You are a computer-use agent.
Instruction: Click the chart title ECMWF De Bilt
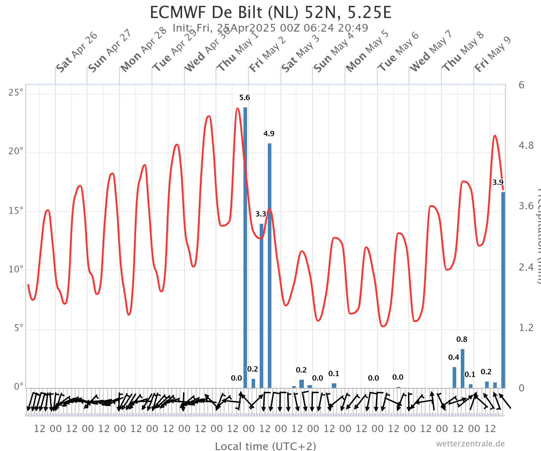270,13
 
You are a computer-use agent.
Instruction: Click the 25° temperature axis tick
16,92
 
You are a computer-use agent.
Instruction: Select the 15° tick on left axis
16,211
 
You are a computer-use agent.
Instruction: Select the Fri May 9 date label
493,55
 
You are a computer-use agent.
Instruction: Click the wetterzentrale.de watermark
470,444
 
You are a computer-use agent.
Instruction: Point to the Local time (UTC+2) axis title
265,446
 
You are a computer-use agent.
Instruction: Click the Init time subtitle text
270,28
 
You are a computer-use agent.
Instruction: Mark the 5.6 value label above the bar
244,97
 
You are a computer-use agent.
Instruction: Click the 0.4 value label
454,357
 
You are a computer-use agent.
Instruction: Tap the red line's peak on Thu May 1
238,108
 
